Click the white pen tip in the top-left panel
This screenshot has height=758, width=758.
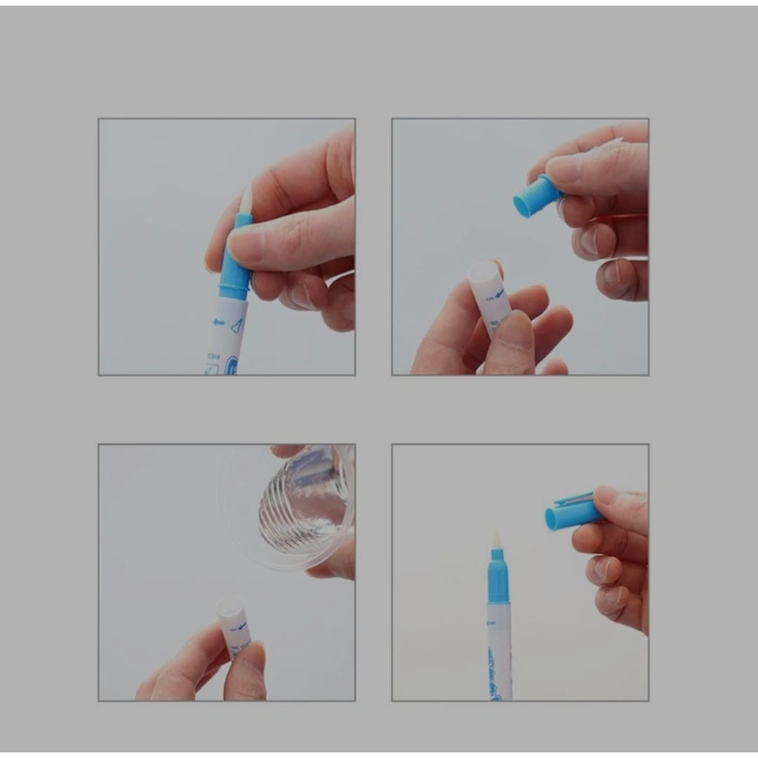(246, 199)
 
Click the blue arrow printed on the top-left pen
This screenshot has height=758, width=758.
(218, 323)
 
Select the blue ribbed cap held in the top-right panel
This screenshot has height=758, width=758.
(537, 196)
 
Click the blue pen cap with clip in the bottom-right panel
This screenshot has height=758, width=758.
(572, 512)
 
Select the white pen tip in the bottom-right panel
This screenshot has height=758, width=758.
(497, 539)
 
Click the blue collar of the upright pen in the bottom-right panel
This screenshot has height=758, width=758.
(498, 579)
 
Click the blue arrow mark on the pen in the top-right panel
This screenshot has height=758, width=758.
(498, 293)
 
